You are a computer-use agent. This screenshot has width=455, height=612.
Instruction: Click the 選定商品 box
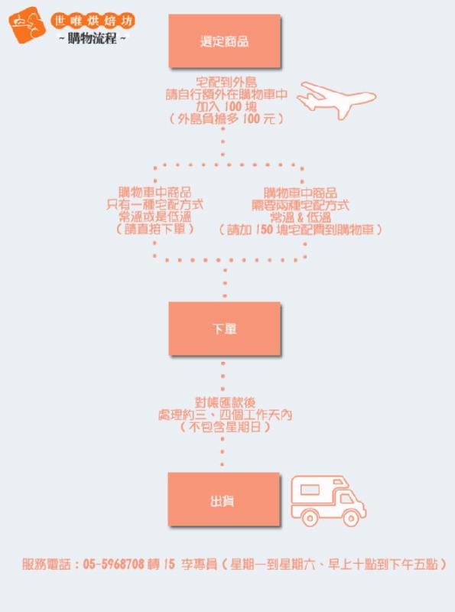pos(224,41)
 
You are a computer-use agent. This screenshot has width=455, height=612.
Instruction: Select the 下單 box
pos(224,328)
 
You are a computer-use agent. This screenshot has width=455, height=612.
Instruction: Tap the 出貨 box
pos(223,500)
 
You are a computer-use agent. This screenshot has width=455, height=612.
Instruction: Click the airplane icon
pos(336,99)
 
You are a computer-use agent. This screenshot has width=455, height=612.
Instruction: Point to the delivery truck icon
pos(328,501)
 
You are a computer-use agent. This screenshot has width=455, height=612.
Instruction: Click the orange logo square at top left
pos(28,24)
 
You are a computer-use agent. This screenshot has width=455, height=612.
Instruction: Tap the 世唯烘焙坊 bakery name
pos(93,21)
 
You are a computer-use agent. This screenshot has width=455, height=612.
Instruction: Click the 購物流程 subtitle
pos(92,38)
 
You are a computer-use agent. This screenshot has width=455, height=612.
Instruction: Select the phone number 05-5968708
pos(113,564)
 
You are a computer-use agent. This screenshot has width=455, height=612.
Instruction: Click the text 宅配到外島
pos(226,82)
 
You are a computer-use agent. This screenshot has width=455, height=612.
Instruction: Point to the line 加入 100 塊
pos(226,106)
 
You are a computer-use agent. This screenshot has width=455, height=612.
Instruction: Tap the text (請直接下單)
pos(155,229)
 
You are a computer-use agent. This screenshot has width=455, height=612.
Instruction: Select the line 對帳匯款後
pos(225,403)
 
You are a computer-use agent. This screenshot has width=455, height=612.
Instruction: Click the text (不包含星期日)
pos(225,427)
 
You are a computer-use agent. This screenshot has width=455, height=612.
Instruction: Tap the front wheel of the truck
pos(350,518)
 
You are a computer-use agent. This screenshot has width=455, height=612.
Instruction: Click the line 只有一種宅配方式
pos(155,204)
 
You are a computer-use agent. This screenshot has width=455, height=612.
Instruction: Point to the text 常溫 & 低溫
pos(301,217)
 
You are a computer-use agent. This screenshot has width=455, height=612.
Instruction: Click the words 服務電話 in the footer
pos(47,564)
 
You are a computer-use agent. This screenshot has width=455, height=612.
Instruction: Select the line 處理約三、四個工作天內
pos(225,415)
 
